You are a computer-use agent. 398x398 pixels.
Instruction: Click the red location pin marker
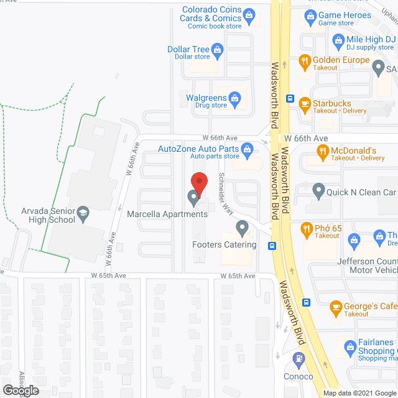pyautogui.click(x=198, y=182)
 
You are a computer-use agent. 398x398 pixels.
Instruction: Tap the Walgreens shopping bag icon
pyautogui.click(x=234, y=97)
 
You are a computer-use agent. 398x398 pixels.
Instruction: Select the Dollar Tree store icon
pyautogui.click(x=218, y=49)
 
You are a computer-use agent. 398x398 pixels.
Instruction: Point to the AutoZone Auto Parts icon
pyautogui.click(x=247, y=149)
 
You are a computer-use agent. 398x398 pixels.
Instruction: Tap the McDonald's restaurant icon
pyautogui.click(x=322, y=150)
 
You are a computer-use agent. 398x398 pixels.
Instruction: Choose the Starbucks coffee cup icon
pyautogui.click(x=304, y=103)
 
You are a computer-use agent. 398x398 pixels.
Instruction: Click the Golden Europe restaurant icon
pyautogui.click(x=304, y=60)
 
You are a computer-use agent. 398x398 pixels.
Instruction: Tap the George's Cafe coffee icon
pyautogui.click(x=335, y=307)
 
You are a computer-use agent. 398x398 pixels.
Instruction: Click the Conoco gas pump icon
pyautogui.click(x=298, y=359)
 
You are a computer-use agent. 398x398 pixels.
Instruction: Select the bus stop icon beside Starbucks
pyautogui.click(x=290, y=99)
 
